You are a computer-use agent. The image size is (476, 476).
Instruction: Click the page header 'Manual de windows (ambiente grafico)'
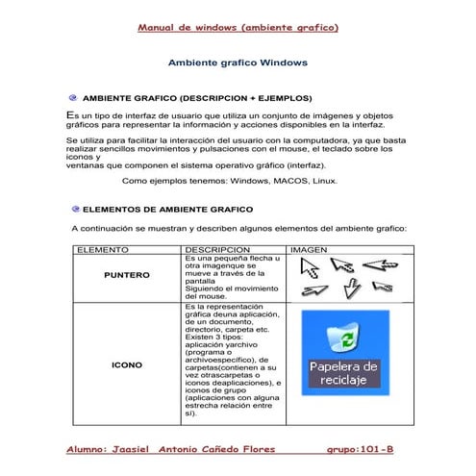pos(238,28)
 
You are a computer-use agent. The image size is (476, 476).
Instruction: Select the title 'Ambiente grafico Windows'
pos(237,63)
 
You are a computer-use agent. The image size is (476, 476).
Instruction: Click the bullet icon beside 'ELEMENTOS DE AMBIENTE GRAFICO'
pos(75,208)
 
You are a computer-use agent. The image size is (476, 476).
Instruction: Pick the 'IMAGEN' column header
pos(309,249)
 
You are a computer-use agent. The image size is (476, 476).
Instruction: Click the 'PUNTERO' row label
pos(126,275)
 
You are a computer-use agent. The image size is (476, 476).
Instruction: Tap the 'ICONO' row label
pos(126,365)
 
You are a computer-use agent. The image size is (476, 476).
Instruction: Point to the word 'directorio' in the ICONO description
pos(203,327)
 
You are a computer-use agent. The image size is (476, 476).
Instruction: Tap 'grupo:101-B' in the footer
pos(360,449)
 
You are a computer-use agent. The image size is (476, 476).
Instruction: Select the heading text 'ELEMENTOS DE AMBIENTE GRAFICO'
pos(168,209)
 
